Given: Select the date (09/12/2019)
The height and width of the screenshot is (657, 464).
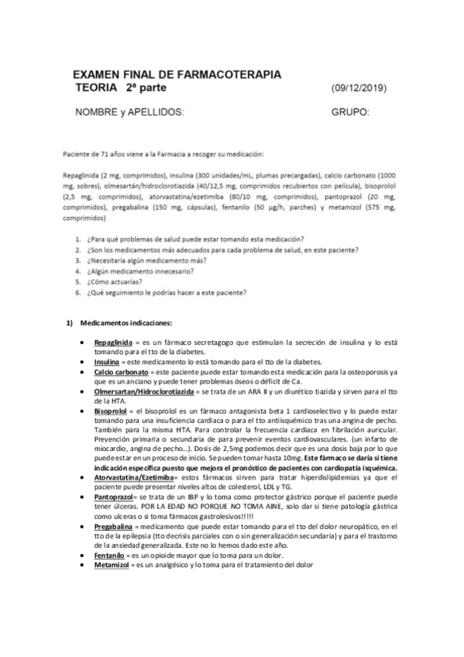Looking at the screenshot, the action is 359,88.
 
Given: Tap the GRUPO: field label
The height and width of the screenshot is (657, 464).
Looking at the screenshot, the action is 350,112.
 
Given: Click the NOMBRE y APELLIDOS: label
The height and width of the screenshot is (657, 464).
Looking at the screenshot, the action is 129,112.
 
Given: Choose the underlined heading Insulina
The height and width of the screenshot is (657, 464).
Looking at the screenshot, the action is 108,362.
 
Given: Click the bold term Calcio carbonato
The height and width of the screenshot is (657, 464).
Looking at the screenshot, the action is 121,373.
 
